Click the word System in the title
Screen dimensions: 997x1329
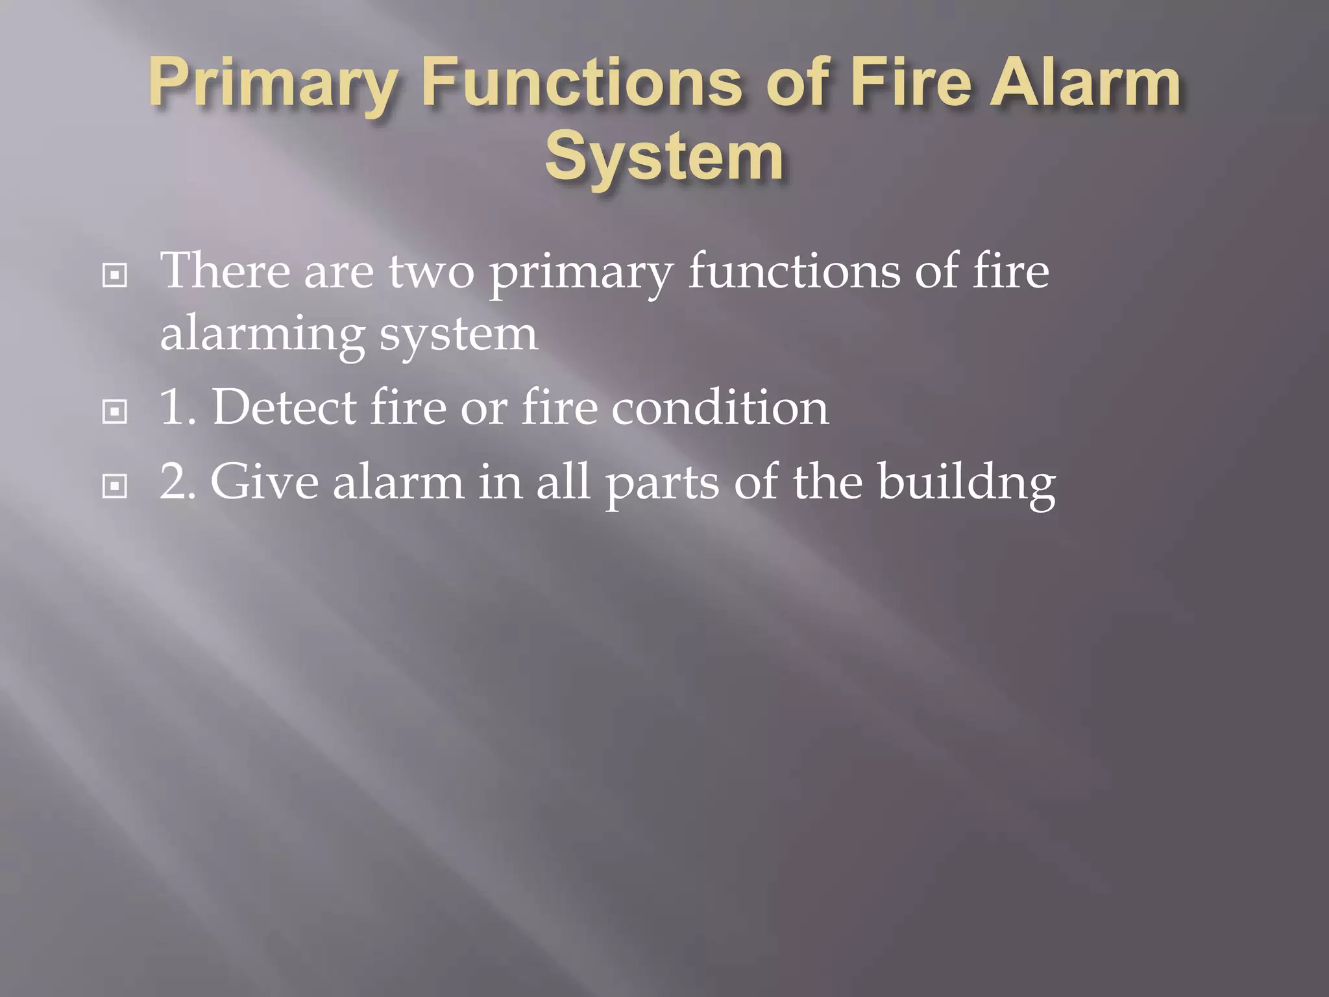click(x=664, y=158)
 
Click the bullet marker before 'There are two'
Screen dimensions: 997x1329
click(x=115, y=277)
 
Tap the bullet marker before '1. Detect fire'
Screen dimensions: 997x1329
click(x=115, y=412)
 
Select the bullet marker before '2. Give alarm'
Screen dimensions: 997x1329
click(x=115, y=486)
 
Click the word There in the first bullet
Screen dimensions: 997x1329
click(x=225, y=271)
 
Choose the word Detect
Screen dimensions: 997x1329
click(x=284, y=408)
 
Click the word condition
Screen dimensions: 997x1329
click(x=720, y=408)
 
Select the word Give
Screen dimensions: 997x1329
click(x=264, y=482)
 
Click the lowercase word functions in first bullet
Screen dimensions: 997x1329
click(x=794, y=271)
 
